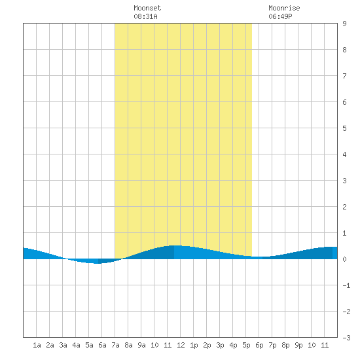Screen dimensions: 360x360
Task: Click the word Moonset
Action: [x=147, y=8]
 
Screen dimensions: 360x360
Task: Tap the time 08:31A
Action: [x=145, y=16]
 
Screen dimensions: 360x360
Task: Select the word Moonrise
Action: [x=284, y=8]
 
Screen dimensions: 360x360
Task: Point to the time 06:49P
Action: [x=280, y=16]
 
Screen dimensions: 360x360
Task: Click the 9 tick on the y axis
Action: [x=344, y=24]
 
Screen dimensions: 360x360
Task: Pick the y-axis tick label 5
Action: [x=344, y=128]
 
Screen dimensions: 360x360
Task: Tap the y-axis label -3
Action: [x=346, y=338]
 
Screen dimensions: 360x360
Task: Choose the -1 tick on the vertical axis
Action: [x=346, y=285]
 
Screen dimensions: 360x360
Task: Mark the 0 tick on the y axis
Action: [x=344, y=259]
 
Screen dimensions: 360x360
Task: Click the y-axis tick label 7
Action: [x=344, y=76]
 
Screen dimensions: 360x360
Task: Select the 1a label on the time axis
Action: [x=37, y=345]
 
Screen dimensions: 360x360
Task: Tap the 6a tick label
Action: [x=102, y=345]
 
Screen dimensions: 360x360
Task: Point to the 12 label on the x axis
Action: [x=181, y=345]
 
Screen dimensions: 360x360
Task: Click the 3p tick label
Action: [x=220, y=345]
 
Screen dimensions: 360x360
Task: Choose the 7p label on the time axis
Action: [x=272, y=345]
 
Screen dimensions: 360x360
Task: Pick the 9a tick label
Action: [x=141, y=345]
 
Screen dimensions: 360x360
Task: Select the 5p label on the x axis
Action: [x=246, y=345]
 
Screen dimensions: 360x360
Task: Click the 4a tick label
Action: [x=76, y=345]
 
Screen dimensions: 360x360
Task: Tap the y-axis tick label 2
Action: [x=344, y=207]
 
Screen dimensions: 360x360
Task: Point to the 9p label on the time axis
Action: [x=298, y=345]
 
